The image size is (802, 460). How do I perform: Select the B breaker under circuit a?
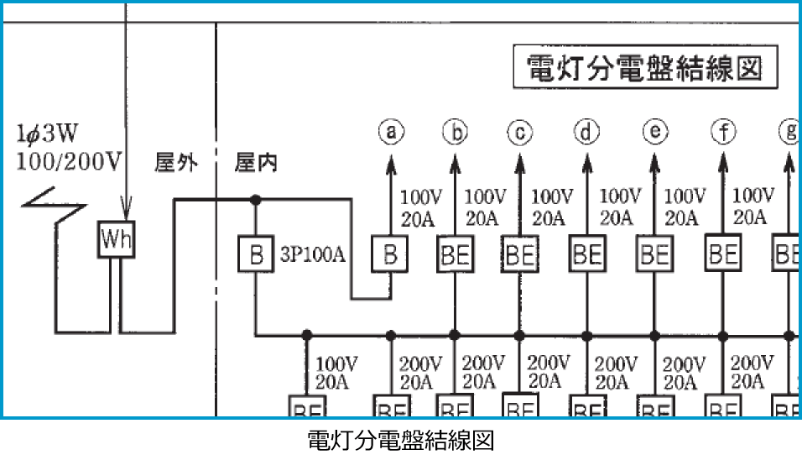(390, 254)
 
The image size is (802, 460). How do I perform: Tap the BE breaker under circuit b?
(455, 254)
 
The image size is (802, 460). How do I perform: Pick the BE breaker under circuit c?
(520, 254)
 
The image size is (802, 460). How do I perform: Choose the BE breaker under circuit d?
(587, 254)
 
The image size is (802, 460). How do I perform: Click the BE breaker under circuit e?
(654, 254)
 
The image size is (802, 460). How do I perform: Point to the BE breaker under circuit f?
(721, 254)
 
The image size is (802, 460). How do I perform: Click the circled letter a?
(390, 132)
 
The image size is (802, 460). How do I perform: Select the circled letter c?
(520, 132)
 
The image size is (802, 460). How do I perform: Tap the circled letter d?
(587, 132)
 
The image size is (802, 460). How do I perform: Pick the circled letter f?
(721, 132)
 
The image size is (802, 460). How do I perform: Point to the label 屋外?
(176, 162)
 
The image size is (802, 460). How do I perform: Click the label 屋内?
(256, 162)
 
